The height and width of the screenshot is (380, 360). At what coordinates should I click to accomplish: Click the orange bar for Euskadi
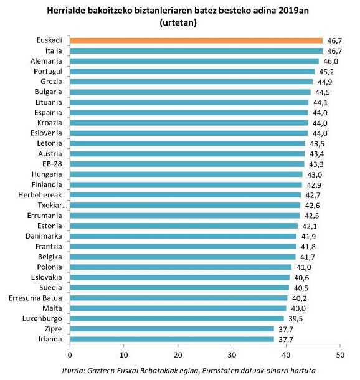point(196,40)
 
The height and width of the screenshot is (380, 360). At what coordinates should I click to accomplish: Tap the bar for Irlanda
point(171,339)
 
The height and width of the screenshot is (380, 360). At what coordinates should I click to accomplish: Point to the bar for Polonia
point(181,267)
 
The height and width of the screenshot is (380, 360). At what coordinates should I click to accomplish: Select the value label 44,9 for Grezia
point(325,82)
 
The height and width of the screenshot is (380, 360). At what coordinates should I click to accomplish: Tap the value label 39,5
point(296,318)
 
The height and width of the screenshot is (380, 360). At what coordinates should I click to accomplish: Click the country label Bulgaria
point(46,92)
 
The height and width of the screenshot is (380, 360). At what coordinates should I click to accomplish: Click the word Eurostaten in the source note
point(225,371)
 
